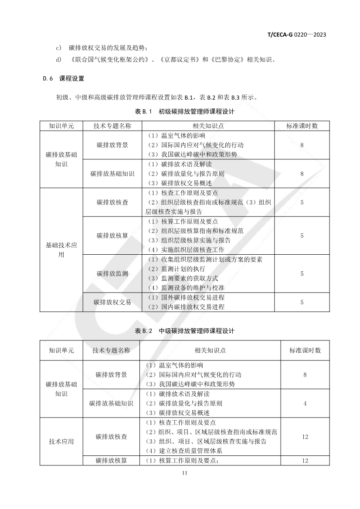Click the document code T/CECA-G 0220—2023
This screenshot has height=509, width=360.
[297, 34]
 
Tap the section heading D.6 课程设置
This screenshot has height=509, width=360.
[63, 79]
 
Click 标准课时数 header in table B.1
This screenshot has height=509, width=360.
[302, 126]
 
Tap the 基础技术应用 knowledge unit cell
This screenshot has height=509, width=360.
[61, 250]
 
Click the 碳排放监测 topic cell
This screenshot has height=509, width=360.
[112, 274]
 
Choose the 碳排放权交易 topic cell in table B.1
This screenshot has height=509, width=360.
[112, 302]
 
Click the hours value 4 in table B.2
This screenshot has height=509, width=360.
[305, 404]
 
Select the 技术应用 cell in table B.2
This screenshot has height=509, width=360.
[61, 442]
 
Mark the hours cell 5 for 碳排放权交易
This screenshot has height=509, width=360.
[302, 302]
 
